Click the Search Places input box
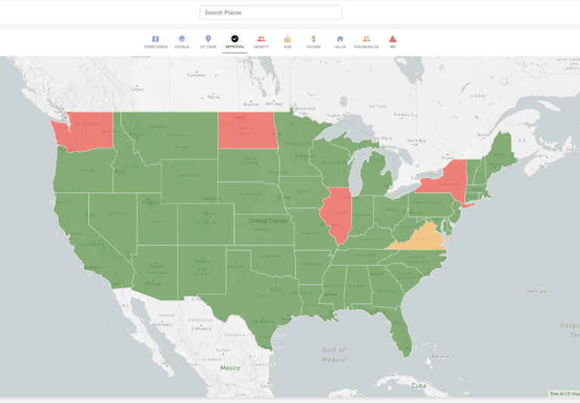(x=270, y=13)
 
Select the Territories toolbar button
(x=156, y=42)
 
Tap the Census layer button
(x=182, y=42)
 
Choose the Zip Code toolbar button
(x=208, y=42)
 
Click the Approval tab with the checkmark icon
(x=235, y=42)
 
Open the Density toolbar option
(x=261, y=42)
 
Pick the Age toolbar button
(x=288, y=42)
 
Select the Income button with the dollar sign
(x=313, y=42)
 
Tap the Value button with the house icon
(x=340, y=42)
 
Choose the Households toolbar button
(x=366, y=42)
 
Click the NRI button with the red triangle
(x=393, y=42)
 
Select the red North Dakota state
(x=246, y=130)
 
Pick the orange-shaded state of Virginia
(x=424, y=237)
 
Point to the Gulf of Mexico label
(x=333, y=354)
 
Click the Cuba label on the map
(x=418, y=385)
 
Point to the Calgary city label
(x=137, y=88)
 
